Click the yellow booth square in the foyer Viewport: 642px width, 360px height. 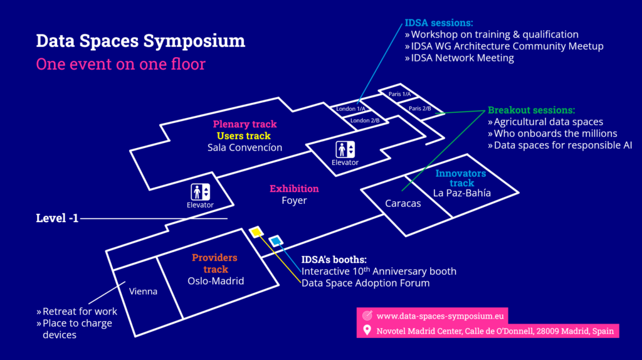pos(255,231)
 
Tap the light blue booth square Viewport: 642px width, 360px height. pos(275,241)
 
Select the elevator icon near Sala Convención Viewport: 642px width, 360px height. pos(345,149)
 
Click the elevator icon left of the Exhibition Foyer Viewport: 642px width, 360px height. pos(201,192)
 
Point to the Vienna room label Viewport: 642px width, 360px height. pos(143,292)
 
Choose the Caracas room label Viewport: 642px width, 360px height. pos(403,204)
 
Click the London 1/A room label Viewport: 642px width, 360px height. pos(351,109)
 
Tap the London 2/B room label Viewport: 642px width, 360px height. pos(365,120)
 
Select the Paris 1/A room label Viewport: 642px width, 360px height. pos(399,94)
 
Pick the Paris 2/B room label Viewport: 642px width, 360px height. pos(419,108)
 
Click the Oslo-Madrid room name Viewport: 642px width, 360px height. pos(216,281)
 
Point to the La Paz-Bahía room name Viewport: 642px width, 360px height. pos(462,193)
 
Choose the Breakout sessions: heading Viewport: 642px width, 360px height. pos(531,110)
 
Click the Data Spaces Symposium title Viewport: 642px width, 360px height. pos(140,41)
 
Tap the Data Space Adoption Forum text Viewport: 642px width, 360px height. pos(366,283)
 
